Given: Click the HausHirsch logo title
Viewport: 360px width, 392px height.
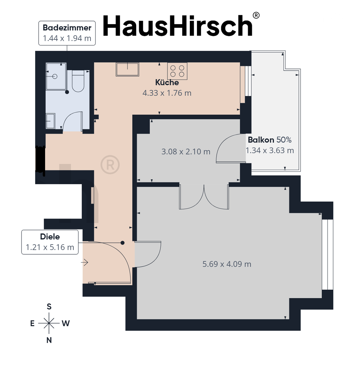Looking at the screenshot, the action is [x=177, y=26].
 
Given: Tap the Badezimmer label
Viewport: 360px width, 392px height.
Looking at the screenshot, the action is [x=67, y=28].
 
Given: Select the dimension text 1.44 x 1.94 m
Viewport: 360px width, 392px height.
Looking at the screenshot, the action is [x=67, y=38].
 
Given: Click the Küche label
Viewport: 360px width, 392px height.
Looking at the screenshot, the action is [x=167, y=82].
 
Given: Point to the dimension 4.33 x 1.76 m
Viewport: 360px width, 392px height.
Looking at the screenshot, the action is [x=167, y=93].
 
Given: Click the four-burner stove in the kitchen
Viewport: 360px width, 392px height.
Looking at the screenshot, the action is [x=177, y=71].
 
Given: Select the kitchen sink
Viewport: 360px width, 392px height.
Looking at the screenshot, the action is [x=127, y=69].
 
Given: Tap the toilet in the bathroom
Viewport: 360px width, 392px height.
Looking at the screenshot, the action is [x=78, y=81].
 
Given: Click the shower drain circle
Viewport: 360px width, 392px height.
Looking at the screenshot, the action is [x=55, y=76].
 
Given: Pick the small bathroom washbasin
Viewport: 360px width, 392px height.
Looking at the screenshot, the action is [x=50, y=121].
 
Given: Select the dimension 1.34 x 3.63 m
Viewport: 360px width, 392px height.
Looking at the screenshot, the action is [x=270, y=151].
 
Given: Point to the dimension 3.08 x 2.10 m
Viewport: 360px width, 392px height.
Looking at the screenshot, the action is [x=186, y=152].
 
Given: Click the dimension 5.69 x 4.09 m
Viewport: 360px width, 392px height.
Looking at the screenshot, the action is [x=227, y=264].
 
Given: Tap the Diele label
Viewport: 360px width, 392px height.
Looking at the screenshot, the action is [x=50, y=237].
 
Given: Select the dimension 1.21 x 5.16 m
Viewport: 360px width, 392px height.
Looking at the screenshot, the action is [x=50, y=247].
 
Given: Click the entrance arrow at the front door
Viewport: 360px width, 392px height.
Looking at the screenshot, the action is [x=85, y=262].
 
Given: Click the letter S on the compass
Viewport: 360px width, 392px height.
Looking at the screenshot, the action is [x=49, y=306].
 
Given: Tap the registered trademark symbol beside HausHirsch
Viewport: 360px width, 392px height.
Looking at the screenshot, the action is [x=256, y=15].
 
